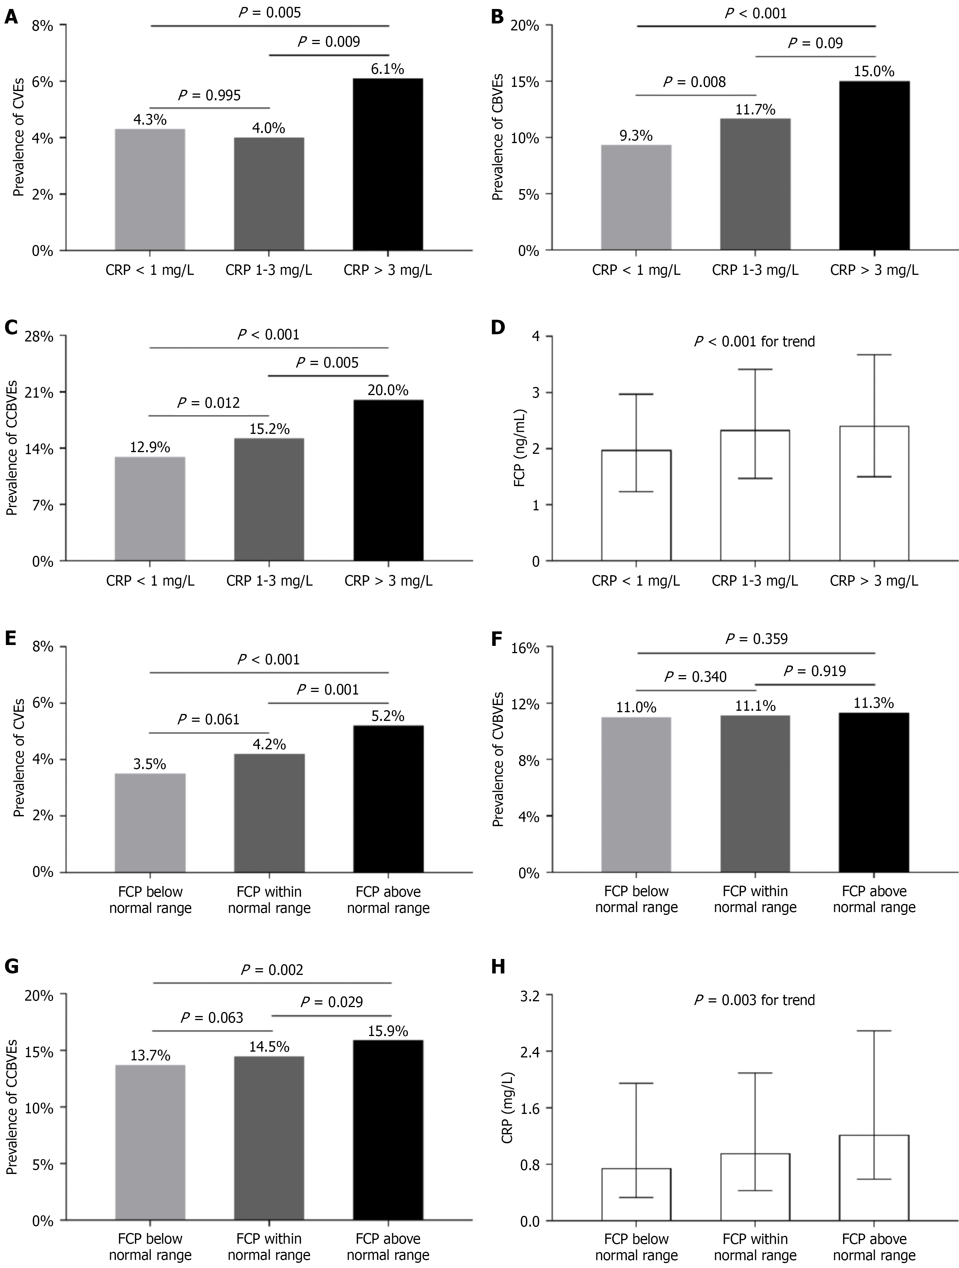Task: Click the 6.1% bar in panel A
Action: click(x=388, y=165)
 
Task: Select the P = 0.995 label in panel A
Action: click(x=209, y=95)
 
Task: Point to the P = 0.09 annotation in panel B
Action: click(x=815, y=43)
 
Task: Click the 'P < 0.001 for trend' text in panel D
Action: click(x=754, y=342)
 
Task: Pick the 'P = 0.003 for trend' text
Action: click(x=754, y=1000)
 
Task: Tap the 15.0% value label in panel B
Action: click(x=874, y=72)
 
